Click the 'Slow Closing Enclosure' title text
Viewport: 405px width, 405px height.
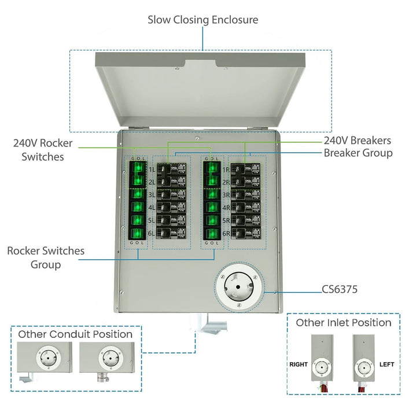tap(203, 20)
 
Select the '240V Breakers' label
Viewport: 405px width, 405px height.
tap(357, 141)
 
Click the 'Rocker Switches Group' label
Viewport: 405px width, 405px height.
tap(46, 258)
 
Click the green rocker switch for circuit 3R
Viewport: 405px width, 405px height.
tap(212, 195)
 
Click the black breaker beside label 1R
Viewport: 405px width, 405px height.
tap(248, 169)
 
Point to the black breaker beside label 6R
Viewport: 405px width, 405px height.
tap(248, 234)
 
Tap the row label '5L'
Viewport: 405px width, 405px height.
tap(152, 221)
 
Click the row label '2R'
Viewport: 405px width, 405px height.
tap(227, 182)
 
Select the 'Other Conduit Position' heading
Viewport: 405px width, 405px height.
tap(75, 334)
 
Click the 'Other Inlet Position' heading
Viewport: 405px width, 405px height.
tap(344, 323)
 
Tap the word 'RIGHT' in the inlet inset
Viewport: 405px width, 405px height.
tap(299, 365)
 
